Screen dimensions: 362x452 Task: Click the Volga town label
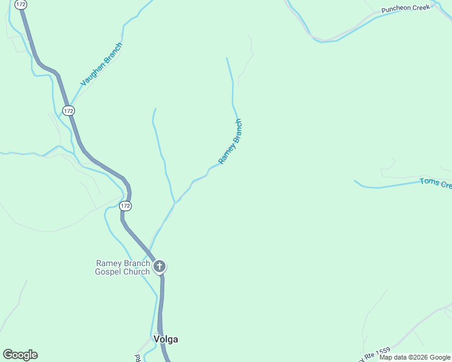[x=166, y=339]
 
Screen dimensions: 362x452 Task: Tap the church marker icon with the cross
[x=160, y=266]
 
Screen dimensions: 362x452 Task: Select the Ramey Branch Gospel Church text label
[x=122, y=267]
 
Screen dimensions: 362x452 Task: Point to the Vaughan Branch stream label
[x=102, y=63]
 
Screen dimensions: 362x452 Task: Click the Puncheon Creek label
[x=405, y=8]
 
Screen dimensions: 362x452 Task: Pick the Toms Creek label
[x=436, y=183]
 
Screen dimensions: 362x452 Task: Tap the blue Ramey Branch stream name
[x=230, y=142]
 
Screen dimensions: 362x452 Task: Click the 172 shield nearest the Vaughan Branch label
[x=68, y=110]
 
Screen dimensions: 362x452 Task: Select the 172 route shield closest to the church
[x=125, y=206]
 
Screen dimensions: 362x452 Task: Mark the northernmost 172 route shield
[x=21, y=4]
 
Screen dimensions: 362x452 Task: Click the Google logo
[x=20, y=355]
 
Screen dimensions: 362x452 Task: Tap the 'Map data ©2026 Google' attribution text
[x=415, y=358]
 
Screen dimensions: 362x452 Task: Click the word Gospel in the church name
[x=109, y=271]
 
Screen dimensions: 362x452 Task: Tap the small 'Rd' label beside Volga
[x=138, y=358]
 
